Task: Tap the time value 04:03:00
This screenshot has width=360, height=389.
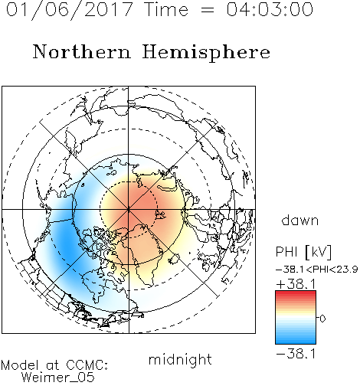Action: [270, 9]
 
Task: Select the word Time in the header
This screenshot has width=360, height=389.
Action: [166, 9]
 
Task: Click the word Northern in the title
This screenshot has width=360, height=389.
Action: [82, 51]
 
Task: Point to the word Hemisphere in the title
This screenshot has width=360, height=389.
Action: [206, 53]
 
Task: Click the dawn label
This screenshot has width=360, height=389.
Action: [300, 220]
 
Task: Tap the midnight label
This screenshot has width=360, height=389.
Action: [180, 359]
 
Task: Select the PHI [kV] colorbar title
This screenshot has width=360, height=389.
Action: [303, 252]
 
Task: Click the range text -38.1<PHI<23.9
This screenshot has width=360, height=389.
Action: [317, 270]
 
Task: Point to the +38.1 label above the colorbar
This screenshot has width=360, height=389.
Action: [296, 284]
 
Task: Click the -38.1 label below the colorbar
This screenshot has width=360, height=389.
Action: [296, 354]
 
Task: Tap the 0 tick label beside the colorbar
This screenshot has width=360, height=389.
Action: [322, 319]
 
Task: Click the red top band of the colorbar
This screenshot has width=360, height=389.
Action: [296, 293]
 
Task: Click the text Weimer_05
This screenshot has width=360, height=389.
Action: [58, 378]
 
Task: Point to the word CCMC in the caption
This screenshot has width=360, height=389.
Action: [87, 365]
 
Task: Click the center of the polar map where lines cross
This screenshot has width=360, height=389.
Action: [129, 209]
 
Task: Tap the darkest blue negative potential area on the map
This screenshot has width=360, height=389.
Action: [66, 244]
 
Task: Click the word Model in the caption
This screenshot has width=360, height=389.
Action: [20, 365]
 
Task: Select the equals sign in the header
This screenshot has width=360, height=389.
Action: [208, 11]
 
